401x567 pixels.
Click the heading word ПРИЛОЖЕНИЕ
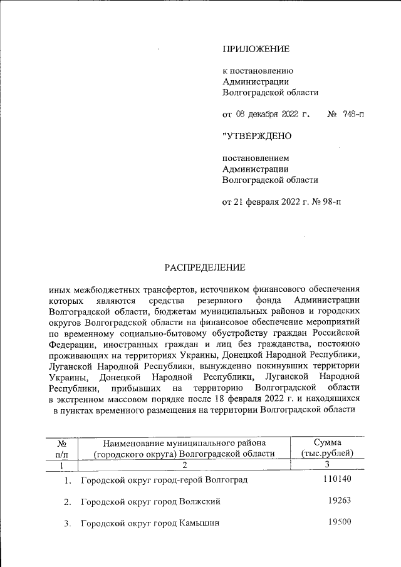[x=256, y=49]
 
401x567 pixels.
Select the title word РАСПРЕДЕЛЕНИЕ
[x=205, y=268]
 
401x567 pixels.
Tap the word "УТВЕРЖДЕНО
[x=257, y=135]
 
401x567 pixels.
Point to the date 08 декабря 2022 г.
[x=274, y=115]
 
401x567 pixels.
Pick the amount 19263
[x=341, y=501]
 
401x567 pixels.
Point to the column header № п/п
[x=61, y=449]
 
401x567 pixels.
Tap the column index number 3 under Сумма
[x=327, y=466]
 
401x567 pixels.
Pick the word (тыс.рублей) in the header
[x=327, y=454]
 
